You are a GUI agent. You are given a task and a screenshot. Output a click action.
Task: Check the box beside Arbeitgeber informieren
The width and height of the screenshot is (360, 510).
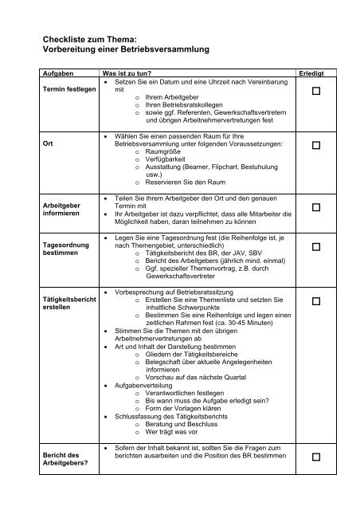click(x=317, y=207)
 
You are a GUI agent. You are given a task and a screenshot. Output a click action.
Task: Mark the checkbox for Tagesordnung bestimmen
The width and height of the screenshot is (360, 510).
click(x=317, y=249)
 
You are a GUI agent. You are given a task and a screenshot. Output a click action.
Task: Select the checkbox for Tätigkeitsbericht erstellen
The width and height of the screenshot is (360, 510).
click(x=317, y=301)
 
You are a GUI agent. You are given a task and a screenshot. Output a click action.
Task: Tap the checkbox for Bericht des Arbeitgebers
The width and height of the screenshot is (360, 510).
click(x=317, y=457)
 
